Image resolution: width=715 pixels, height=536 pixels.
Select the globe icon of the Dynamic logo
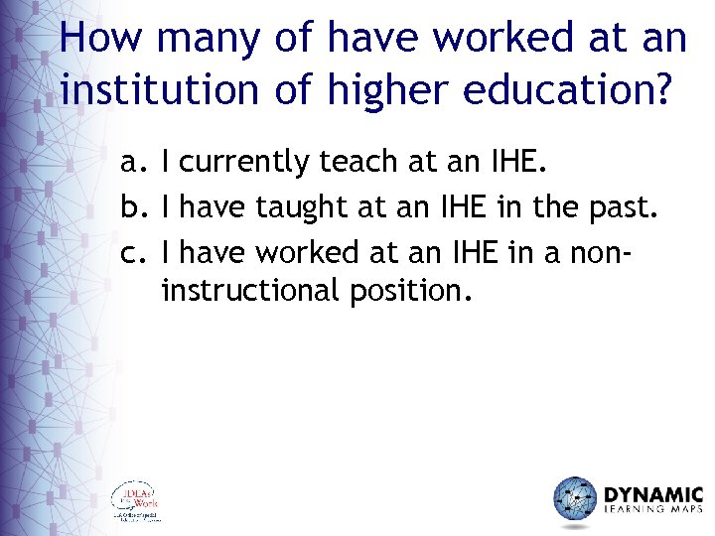pos(575,498)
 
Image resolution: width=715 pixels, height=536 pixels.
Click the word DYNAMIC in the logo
pos(653,492)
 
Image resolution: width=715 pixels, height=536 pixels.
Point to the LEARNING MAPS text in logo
pos(653,512)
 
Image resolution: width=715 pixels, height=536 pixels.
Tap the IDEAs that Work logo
pos(135,500)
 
